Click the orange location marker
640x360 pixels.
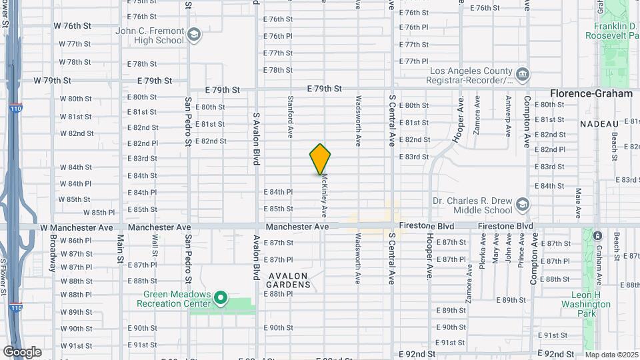pyautogui.click(x=321, y=159)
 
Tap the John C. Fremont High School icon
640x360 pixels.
pyautogui.click(x=194, y=35)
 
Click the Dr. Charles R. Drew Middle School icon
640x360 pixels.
pyautogui.click(x=523, y=204)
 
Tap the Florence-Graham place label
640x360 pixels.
pyautogui.click(x=591, y=94)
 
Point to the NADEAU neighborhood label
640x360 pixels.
pyautogui.click(x=599, y=123)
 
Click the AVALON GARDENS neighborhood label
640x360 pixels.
pyautogui.click(x=290, y=280)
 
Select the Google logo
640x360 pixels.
pyautogui.click(x=22, y=351)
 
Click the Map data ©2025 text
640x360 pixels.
pyautogui.click(x=612, y=355)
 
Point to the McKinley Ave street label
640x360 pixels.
pyautogui.click(x=324, y=196)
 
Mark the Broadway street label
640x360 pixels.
pyautogui.click(x=52, y=252)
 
